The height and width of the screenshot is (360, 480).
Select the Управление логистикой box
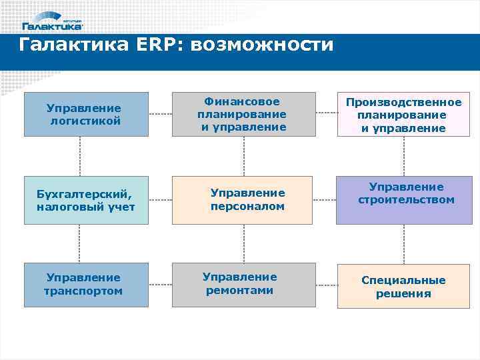coord(86,114)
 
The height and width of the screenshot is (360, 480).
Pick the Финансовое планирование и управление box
coord(243,114)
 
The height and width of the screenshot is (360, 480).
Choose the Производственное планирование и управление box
coord(403,114)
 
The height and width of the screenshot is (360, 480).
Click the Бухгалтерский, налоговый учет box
coord(86,200)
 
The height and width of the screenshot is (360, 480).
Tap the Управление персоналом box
coord(243,200)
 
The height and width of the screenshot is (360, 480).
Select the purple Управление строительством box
coord(403,200)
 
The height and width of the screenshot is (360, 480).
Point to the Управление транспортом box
coord(86,285)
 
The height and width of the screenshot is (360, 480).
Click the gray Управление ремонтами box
coord(243,285)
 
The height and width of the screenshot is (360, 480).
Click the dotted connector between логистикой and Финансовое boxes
coord(160,114)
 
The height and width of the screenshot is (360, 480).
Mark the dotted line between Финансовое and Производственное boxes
coord(326,114)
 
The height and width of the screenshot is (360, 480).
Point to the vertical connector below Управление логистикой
coord(80,156)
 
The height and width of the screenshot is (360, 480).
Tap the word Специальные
coord(403,280)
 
